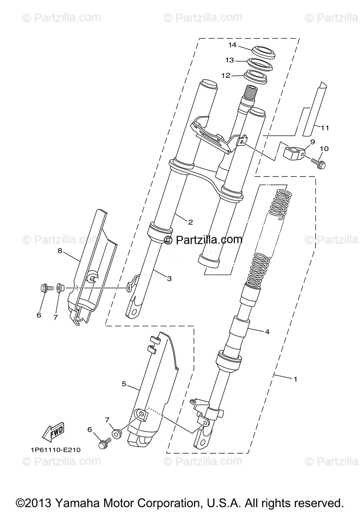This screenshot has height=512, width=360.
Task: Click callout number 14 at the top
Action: click(232, 45)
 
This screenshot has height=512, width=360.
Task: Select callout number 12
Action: click(226, 76)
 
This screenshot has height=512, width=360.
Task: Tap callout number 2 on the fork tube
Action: click(190, 222)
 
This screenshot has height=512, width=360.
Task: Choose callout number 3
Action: click(169, 279)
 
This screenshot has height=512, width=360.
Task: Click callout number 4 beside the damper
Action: click(266, 331)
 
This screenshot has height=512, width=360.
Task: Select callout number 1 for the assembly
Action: click(295, 378)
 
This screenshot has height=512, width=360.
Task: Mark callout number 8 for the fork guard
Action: click(60, 251)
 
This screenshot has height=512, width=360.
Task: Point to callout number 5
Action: click(124, 384)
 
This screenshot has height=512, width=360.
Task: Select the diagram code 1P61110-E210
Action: click(55, 450)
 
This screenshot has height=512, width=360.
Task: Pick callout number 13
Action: click(230, 60)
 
